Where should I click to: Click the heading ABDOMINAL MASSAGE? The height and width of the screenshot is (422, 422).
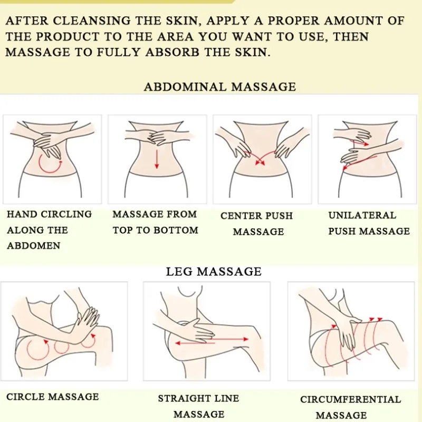220,87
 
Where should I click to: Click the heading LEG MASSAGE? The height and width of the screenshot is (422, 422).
214,272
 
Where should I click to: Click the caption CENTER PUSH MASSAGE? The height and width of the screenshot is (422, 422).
257,224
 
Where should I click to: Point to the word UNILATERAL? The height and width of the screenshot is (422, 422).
362,215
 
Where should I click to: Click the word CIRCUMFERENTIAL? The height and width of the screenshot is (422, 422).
350,399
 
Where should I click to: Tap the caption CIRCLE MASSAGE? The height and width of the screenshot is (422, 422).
53,397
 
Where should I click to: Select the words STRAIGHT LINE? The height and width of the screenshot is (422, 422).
198,398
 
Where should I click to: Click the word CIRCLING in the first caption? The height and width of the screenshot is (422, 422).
66,214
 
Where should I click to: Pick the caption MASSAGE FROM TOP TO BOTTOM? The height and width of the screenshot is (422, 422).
155,222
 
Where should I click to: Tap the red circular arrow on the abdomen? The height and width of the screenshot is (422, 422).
49,165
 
